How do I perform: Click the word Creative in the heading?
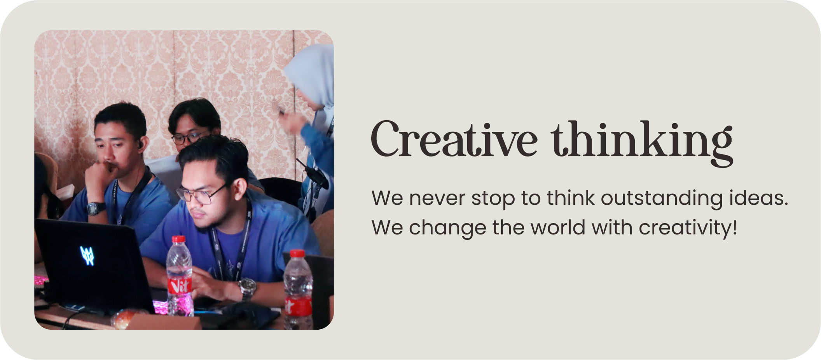(x=454, y=140)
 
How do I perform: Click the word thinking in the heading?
(x=642, y=143)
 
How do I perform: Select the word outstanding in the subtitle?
(x=662, y=198)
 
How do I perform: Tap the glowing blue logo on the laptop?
(x=87, y=256)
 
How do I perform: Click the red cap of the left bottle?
(x=178, y=239)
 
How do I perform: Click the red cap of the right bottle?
(x=297, y=253)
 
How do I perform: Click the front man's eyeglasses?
(x=200, y=194)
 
